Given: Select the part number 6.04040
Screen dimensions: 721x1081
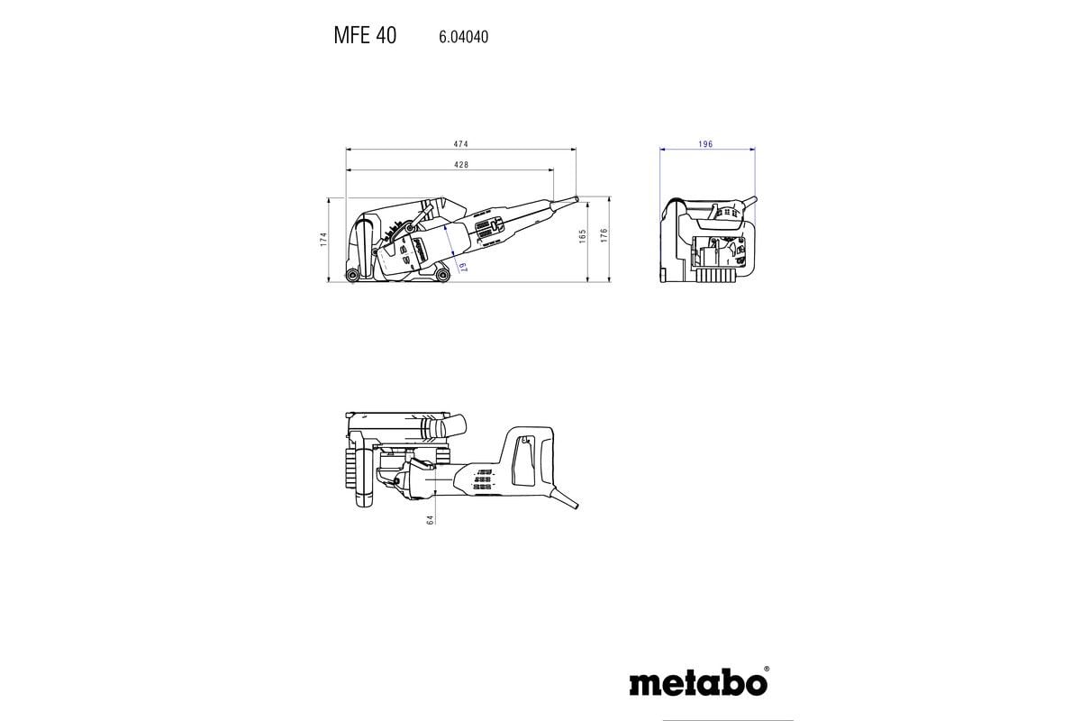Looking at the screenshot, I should pyautogui.click(x=464, y=38).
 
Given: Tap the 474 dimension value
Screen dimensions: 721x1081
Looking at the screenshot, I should pyautogui.click(x=460, y=144).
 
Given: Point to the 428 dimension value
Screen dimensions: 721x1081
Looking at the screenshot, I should pyautogui.click(x=460, y=165).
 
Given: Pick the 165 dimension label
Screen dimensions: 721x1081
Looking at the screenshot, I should pyautogui.click(x=583, y=236).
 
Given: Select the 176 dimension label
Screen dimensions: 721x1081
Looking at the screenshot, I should pyautogui.click(x=605, y=236).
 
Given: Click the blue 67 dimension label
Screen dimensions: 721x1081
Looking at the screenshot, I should pyautogui.click(x=460, y=266).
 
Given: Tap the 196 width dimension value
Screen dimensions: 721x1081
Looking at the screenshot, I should pyautogui.click(x=705, y=144).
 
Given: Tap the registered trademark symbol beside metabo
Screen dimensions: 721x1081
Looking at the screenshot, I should pyautogui.click(x=766, y=670).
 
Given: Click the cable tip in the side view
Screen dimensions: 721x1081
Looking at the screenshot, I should pyautogui.click(x=574, y=198).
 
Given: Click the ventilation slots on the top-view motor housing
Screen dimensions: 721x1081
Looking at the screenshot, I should pyautogui.click(x=485, y=481).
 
